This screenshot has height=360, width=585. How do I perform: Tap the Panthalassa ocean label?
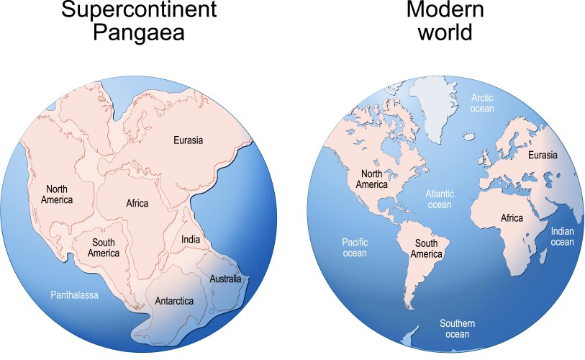[x=74, y=295]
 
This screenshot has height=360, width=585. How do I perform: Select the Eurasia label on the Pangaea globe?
[x=188, y=140]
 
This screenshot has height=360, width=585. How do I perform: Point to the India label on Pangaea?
[x=190, y=240]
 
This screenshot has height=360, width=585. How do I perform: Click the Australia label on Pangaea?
[x=225, y=279]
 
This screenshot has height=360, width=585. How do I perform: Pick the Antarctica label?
[x=174, y=301]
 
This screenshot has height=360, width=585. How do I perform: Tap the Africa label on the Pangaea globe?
[x=137, y=204]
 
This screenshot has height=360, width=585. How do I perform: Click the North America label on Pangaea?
[x=57, y=194]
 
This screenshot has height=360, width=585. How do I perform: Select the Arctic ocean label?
[x=482, y=103]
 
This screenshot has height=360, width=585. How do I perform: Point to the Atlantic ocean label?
[x=439, y=199]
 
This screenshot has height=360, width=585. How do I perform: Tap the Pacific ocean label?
[x=354, y=248]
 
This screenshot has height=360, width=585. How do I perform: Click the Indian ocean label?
[x=562, y=237]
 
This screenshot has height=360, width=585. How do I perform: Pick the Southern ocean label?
[x=458, y=329]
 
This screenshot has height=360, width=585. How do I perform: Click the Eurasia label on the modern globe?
[x=543, y=155]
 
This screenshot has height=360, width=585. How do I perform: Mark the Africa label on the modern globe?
[x=512, y=217]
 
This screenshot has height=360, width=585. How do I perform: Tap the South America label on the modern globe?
[x=426, y=248]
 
